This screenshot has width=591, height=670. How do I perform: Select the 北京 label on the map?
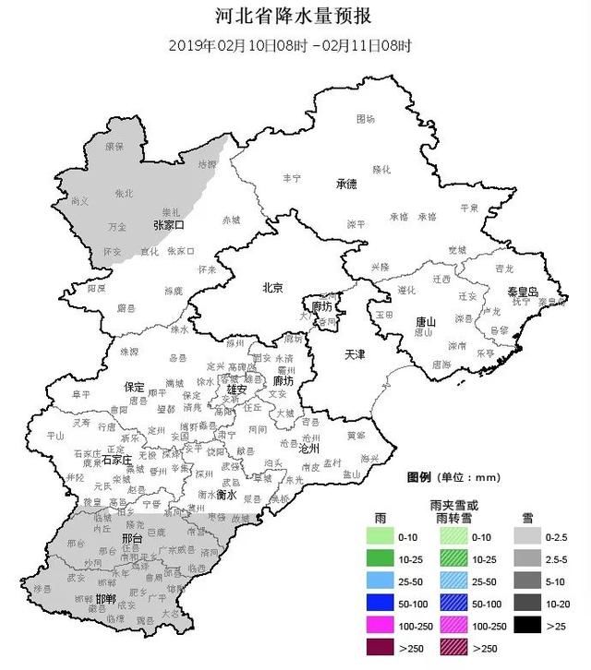pos(272,287)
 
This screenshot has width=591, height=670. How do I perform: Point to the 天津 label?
pos(356,354)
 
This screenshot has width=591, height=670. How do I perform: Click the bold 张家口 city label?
pos(169,225)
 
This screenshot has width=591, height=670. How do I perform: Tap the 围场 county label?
pos(366,119)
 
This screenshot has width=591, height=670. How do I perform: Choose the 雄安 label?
pos(237,389)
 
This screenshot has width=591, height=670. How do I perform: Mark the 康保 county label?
pos(114,147)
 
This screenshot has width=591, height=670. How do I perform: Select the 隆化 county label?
pos(381,170)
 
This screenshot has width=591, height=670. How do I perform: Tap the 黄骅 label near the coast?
pos(356,434)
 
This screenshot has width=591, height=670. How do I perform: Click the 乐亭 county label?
pos(485,353)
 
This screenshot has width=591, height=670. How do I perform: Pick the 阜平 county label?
pos(82,394)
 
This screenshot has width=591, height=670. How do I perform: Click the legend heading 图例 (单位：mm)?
pos(452,477)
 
